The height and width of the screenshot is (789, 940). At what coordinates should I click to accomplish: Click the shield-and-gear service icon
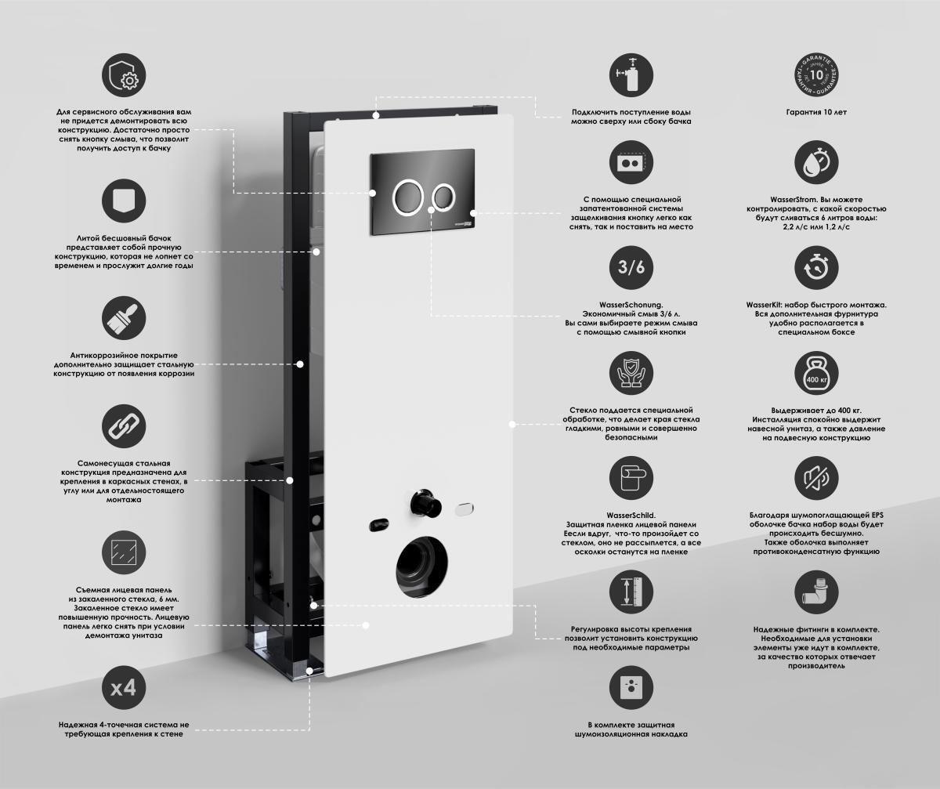click(x=124, y=75)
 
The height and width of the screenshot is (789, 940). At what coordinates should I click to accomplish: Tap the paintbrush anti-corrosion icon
click(x=124, y=318)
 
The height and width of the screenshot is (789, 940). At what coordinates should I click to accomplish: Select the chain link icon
click(x=124, y=426)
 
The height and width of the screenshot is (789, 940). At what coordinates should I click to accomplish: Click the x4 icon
click(x=124, y=688)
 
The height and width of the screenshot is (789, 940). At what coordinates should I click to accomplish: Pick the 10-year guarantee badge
click(x=816, y=75)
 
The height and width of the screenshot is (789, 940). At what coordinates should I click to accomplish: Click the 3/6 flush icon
click(x=631, y=267)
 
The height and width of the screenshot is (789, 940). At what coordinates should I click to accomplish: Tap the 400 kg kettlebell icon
click(x=816, y=373)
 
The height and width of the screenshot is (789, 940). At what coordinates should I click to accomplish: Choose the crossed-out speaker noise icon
click(x=816, y=478)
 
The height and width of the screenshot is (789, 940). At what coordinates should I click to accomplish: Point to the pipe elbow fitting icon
click(x=816, y=592)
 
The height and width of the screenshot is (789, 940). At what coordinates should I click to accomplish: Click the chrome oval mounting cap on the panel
click(x=465, y=509)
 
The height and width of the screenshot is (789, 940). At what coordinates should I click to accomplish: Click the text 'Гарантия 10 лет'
click(x=816, y=112)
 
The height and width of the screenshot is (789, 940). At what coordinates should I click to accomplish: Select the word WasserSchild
click(x=631, y=516)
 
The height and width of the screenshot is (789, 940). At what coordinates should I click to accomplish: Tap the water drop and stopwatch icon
click(x=816, y=162)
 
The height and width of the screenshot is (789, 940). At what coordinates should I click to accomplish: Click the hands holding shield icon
click(x=631, y=373)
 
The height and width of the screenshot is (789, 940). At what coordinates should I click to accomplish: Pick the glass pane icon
click(x=124, y=552)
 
